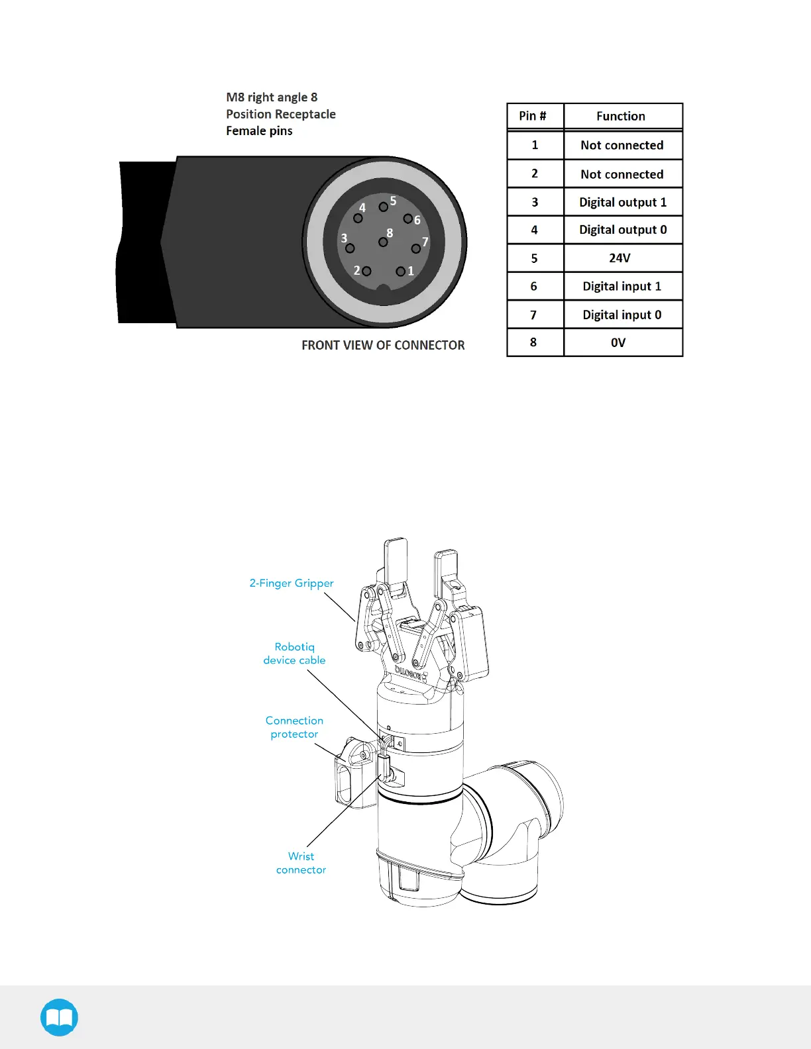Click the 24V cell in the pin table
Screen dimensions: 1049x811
[x=620, y=258]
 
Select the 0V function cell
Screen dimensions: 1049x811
[x=618, y=342]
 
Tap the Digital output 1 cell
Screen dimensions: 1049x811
[x=623, y=202]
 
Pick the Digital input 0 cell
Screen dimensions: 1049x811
[x=622, y=315]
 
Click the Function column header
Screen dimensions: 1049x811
[x=621, y=116]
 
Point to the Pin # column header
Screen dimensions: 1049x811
[x=533, y=116]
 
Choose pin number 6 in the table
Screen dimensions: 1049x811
[x=534, y=286]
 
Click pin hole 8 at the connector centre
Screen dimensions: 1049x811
[x=383, y=242]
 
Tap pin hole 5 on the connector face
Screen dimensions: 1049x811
[x=383, y=207]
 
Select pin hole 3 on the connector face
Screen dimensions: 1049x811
[x=350, y=248]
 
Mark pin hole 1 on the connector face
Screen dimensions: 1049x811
[x=400, y=272]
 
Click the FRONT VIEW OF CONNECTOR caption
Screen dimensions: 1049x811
[x=383, y=345]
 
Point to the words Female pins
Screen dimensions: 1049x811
[x=259, y=131]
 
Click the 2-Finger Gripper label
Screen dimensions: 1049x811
[x=292, y=583]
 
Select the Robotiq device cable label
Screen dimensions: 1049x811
[x=295, y=654]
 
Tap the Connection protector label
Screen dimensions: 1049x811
[x=294, y=727]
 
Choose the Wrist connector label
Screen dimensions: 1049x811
[x=301, y=863]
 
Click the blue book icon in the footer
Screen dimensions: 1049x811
[x=59, y=1017]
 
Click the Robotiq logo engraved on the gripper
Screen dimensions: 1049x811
[x=411, y=674]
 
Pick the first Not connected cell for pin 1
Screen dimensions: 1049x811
[x=622, y=145]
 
